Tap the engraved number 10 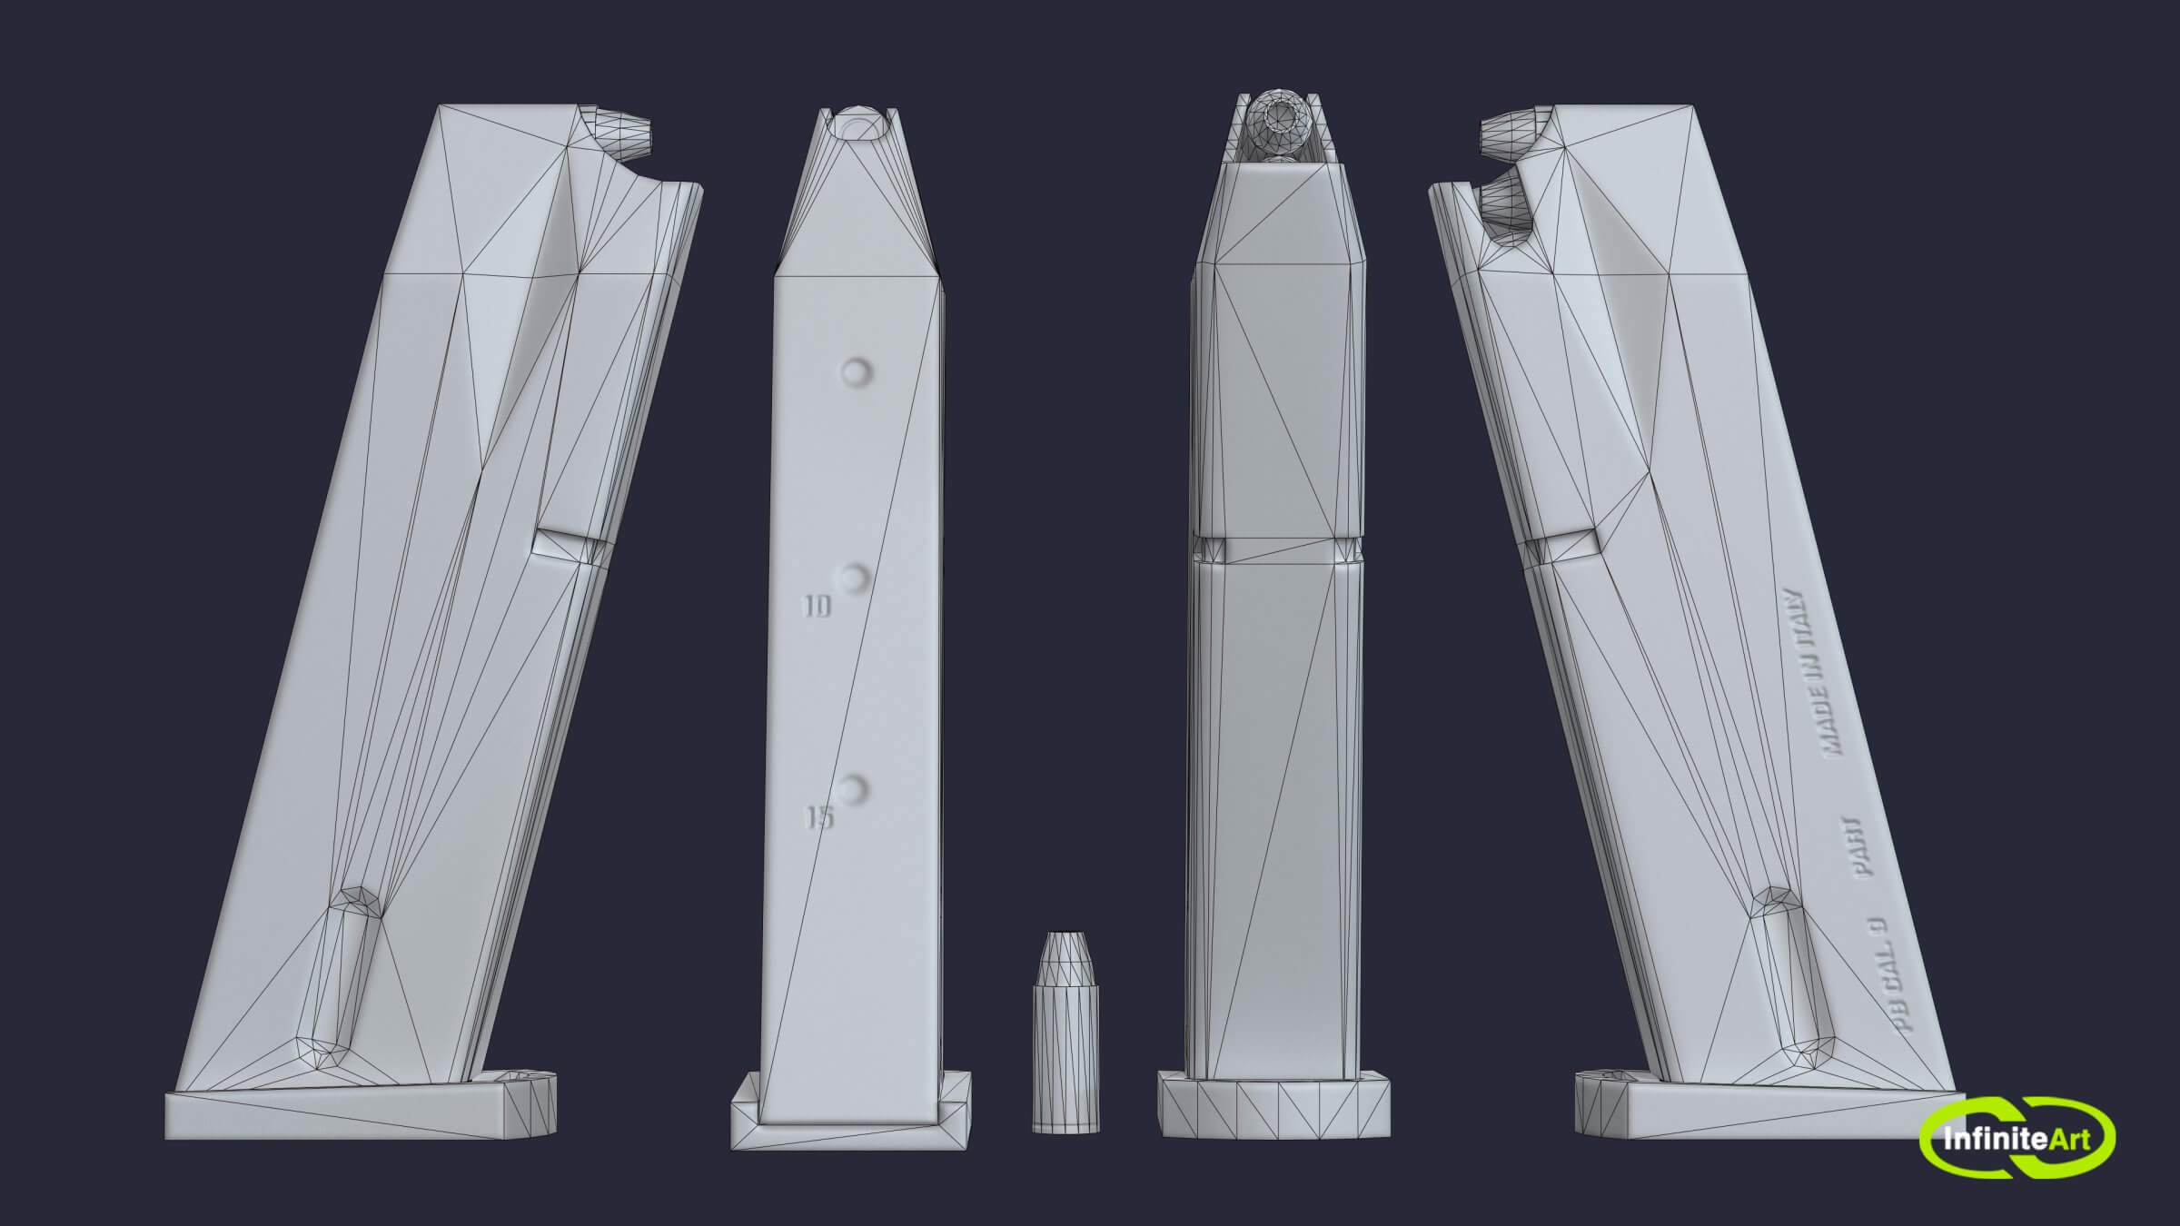pos(818,607)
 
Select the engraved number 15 pos(820,818)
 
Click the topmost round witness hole pos(856,372)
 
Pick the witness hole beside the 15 pos(854,788)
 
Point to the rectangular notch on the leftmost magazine pos(570,544)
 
